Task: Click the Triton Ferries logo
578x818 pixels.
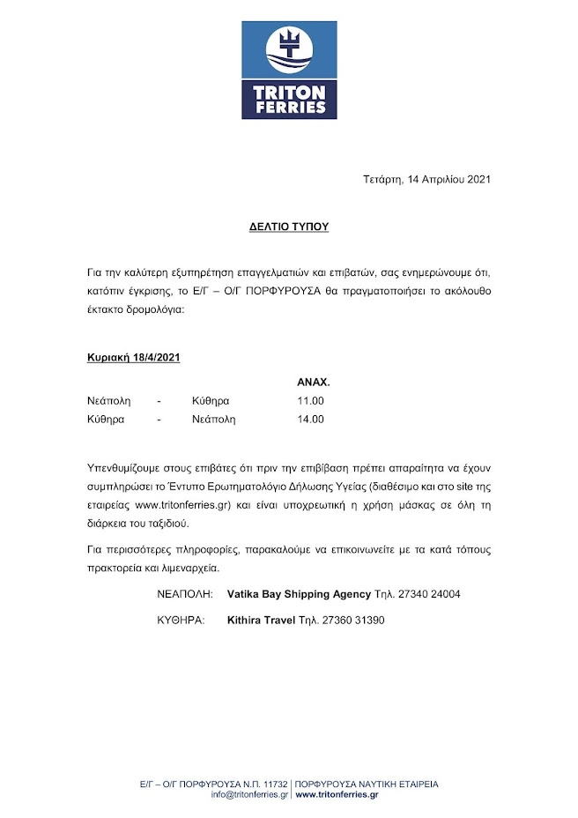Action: click(x=289, y=71)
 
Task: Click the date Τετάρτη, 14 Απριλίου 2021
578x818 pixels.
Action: click(x=426, y=179)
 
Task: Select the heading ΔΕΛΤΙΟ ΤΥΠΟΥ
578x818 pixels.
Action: click(x=288, y=227)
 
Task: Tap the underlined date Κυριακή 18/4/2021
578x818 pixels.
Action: click(x=134, y=358)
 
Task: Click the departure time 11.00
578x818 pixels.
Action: click(x=311, y=401)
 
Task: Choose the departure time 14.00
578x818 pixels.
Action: click(x=311, y=420)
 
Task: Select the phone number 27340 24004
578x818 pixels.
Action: click(x=428, y=594)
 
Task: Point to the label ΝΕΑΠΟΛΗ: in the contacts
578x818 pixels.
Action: click(x=185, y=594)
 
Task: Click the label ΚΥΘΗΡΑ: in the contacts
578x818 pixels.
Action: click(x=181, y=620)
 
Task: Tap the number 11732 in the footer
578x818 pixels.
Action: click(x=274, y=784)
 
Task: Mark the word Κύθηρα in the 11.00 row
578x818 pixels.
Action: click(x=211, y=401)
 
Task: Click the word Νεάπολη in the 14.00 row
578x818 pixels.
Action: click(x=214, y=420)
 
